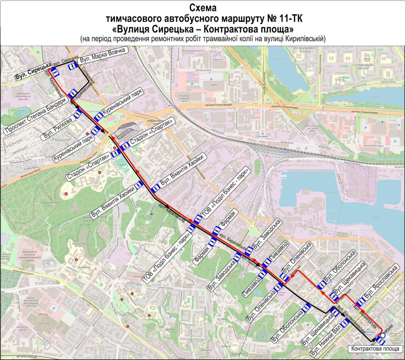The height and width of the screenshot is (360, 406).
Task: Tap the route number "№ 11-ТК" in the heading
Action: (x=277, y=18)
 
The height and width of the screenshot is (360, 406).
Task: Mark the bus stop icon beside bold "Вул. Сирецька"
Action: (x=55, y=73)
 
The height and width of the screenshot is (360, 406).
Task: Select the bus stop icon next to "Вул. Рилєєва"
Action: (x=78, y=114)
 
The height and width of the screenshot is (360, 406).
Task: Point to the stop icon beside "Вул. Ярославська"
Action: (x=360, y=302)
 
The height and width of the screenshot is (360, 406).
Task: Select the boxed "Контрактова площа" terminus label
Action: (x=376, y=348)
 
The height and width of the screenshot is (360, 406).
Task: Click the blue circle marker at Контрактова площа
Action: (x=383, y=336)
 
